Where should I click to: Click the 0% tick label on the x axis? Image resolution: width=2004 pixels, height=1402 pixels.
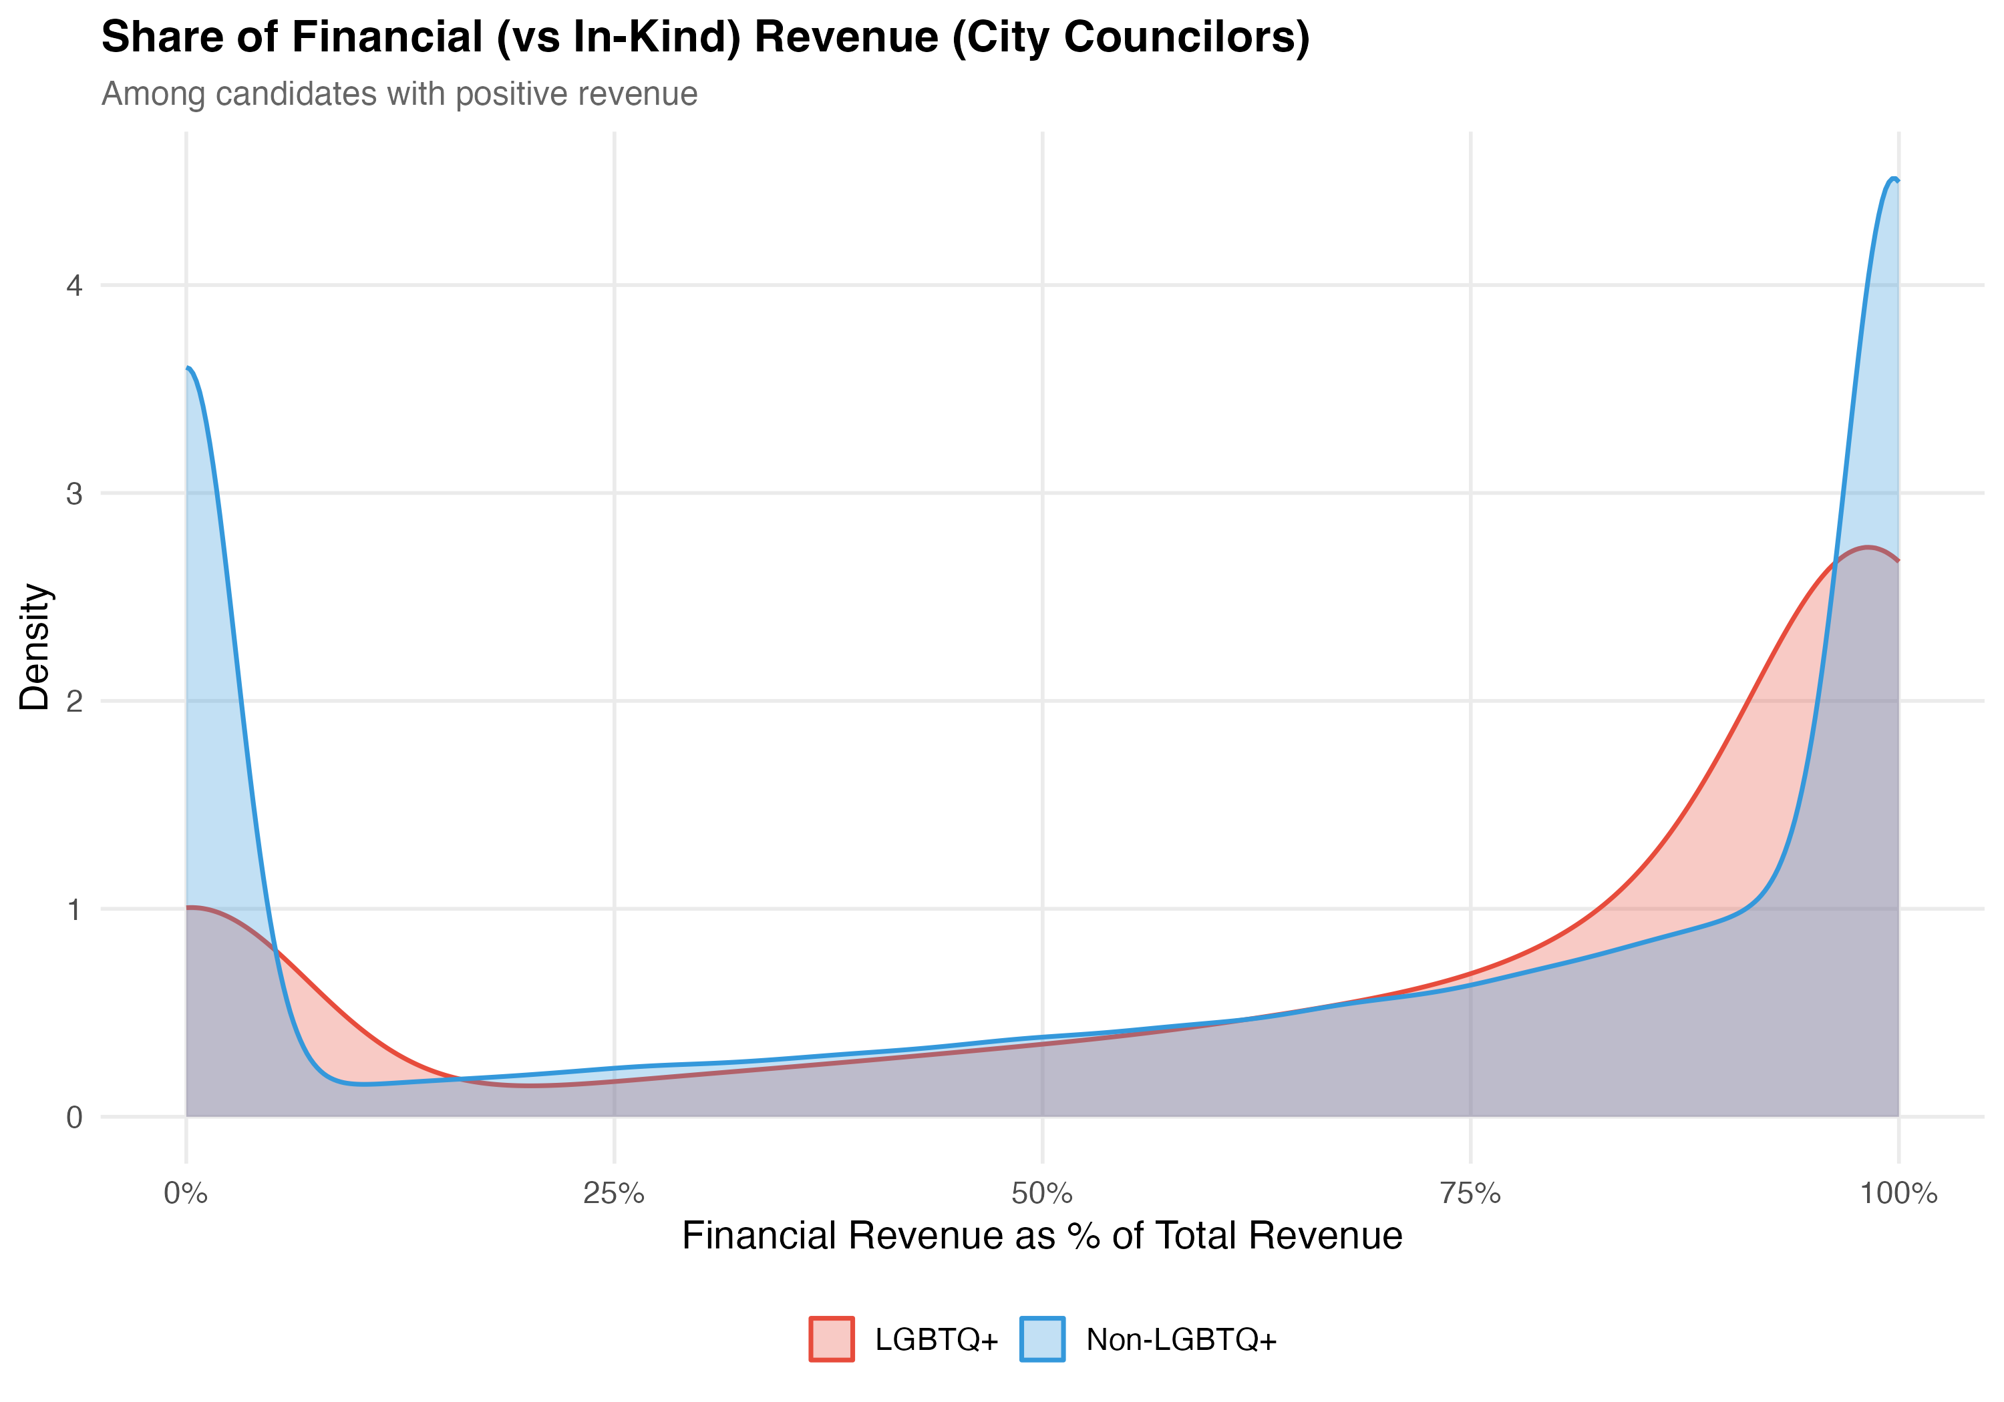pos(186,1194)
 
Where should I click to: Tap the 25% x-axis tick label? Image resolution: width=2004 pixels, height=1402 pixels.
pos(614,1194)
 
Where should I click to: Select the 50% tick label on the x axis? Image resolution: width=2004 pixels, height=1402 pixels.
pos(1042,1194)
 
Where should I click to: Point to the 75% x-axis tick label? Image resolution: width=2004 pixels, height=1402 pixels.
pos(1471,1194)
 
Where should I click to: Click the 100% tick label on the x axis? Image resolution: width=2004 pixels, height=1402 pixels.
pos(1898,1194)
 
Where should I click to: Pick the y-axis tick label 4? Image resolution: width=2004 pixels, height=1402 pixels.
pos(74,285)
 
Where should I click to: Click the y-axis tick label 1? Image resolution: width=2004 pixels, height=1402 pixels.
pos(74,909)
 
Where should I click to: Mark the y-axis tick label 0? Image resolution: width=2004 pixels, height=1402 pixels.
pos(74,1117)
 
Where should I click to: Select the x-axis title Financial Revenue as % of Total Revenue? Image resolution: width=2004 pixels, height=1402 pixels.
pos(1042,1236)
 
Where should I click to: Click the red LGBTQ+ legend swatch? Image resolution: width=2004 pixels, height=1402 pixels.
pos(831,1339)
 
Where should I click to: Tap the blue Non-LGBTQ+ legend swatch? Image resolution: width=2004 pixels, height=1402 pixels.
pos(1042,1339)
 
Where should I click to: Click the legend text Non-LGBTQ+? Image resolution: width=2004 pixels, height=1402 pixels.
pos(1182,1339)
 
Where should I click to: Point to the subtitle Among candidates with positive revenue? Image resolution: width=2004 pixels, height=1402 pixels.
pos(399,93)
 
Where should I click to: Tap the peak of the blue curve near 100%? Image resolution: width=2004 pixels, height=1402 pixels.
pos(1893,179)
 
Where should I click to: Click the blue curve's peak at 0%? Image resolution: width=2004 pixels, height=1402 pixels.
pos(188,368)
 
